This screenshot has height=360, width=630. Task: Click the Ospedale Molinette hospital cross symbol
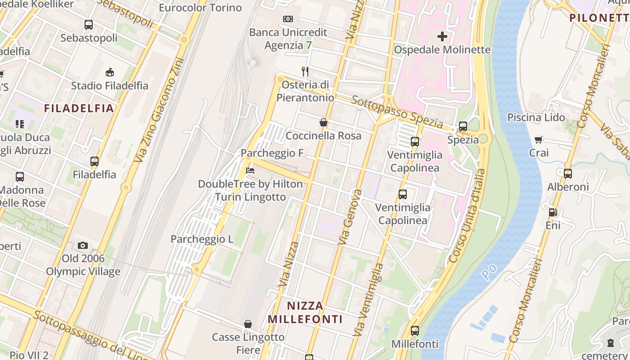pos(442,36)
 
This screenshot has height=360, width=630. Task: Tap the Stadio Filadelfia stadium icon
pos(109,72)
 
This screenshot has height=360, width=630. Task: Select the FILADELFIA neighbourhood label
pos(79,108)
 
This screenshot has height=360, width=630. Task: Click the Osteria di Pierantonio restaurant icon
pos(305,71)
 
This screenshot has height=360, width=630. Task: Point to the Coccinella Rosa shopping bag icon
pos(323,122)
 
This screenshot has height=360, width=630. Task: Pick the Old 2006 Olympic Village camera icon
pos(82,245)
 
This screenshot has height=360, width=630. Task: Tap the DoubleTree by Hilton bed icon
pos(251,171)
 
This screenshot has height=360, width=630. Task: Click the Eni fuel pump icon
pos(553,212)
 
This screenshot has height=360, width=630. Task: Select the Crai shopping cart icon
pos(539,139)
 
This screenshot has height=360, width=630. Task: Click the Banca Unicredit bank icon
pos(288,19)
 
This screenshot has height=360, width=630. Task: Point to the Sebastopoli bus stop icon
pos(89,25)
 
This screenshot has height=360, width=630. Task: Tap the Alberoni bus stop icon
pos(568,173)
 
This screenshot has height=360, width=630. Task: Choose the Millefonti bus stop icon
pos(415,331)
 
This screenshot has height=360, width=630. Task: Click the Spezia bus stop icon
pos(463,126)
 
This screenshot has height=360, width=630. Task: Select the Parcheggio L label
pos(202,239)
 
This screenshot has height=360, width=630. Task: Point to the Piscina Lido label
pos(536,117)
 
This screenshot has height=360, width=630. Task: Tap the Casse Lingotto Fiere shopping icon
pos(248,324)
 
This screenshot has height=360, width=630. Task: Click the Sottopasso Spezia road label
pos(397,111)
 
